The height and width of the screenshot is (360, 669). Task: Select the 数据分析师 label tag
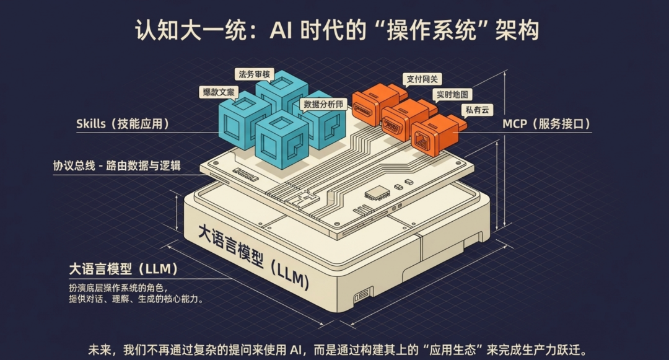pyautogui.click(x=322, y=104)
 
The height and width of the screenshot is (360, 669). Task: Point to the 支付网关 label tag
pyautogui.click(x=423, y=79)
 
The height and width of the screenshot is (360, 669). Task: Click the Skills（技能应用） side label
pyautogui.click(x=123, y=124)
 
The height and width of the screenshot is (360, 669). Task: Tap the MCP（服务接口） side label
pyautogui.click(x=546, y=124)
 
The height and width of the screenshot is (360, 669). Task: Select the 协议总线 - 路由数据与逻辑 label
pyautogui.click(x=117, y=166)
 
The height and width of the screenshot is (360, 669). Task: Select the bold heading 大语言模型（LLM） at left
pyautogui.click(x=124, y=270)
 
